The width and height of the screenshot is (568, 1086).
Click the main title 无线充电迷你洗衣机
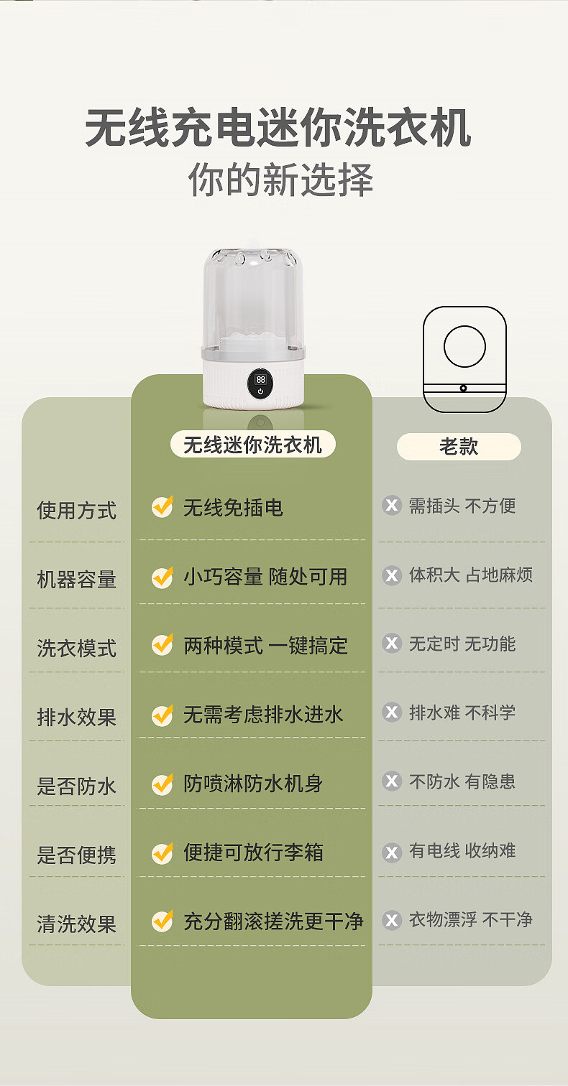click(x=278, y=128)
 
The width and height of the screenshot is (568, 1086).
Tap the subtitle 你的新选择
click(x=280, y=180)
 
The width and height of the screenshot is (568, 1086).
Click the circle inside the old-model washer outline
click(x=464, y=346)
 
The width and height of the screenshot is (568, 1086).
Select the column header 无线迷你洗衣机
click(x=253, y=445)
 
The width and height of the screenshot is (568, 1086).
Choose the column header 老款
click(x=459, y=447)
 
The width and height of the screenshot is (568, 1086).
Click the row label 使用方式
click(x=77, y=511)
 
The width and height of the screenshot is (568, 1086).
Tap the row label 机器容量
click(x=77, y=580)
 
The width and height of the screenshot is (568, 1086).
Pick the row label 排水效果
click(x=77, y=717)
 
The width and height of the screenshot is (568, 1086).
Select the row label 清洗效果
click(x=77, y=924)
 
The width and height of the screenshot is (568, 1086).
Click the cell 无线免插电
click(x=233, y=508)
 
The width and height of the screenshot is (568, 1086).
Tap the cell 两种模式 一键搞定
click(x=265, y=645)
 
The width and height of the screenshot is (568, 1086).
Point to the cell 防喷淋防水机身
click(x=253, y=783)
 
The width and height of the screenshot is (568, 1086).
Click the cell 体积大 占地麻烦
click(x=471, y=575)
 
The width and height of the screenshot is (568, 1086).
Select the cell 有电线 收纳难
click(x=462, y=850)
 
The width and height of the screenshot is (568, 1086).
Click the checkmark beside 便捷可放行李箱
click(x=162, y=853)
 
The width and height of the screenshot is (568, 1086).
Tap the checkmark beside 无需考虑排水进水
click(x=162, y=715)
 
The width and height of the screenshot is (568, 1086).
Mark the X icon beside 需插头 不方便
click(x=392, y=506)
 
